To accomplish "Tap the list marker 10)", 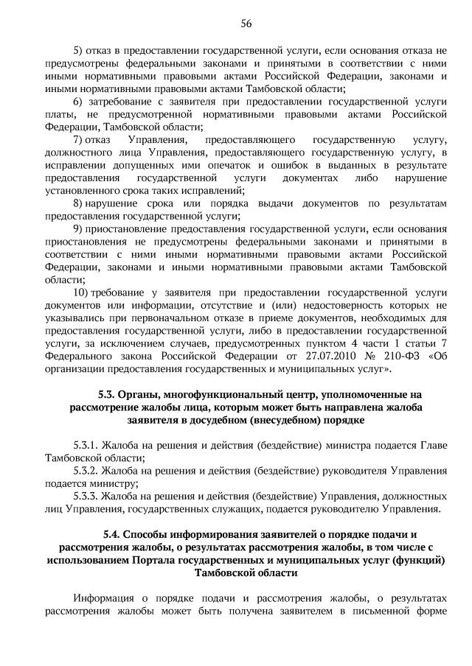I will click(81, 292).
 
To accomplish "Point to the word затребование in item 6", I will click(122, 101).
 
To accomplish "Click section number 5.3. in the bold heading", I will click(108, 394).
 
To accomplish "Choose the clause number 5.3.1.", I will click(88, 445).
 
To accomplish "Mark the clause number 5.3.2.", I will click(88, 470).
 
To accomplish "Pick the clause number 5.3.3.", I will click(88, 496).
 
